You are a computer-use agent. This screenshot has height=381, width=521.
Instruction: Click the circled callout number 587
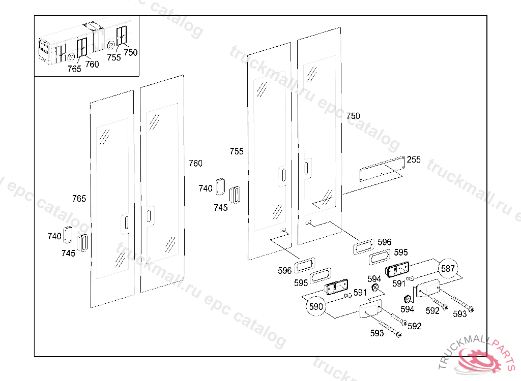(x=448, y=269)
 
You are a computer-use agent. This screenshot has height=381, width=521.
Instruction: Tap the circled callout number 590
(x=315, y=306)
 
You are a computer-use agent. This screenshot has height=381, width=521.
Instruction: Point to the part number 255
(x=414, y=160)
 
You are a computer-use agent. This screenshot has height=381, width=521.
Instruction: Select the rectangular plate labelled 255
(x=382, y=169)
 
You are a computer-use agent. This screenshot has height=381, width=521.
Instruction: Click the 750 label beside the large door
(x=353, y=116)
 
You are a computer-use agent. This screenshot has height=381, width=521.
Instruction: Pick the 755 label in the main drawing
(x=237, y=151)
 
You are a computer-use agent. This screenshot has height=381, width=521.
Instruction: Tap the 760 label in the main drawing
(x=195, y=163)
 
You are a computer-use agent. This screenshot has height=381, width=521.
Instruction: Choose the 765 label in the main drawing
(x=79, y=199)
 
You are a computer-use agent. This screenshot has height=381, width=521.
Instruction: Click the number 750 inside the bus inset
(x=131, y=52)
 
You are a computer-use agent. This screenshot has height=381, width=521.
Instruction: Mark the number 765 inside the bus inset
(x=74, y=69)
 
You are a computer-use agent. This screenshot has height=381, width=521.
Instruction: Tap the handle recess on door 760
(x=150, y=216)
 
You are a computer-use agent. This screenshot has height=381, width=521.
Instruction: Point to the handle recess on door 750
(x=307, y=168)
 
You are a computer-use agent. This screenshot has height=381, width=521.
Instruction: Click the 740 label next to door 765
(x=54, y=236)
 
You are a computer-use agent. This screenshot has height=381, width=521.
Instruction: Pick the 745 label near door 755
(x=221, y=208)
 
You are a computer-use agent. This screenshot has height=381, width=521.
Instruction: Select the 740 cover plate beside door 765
(x=68, y=235)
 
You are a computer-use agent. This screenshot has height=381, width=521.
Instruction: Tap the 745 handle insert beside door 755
(x=235, y=195)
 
